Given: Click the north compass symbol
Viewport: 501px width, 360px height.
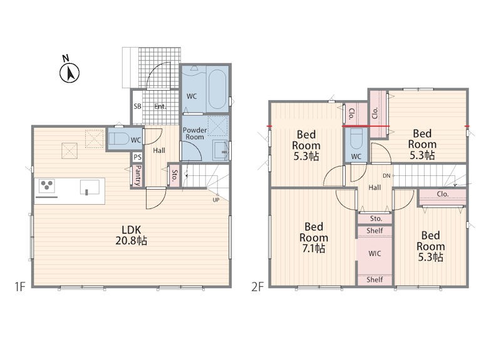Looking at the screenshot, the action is [x=70, y=71].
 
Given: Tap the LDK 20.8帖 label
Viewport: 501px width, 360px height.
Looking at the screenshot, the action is [x=131, y=235].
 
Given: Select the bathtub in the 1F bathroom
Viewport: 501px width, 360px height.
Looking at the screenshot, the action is [x=217, y=89].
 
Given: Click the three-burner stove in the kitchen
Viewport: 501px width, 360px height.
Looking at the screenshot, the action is [x=46, y=185].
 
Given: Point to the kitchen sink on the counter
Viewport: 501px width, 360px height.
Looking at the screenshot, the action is [x=90, y=187].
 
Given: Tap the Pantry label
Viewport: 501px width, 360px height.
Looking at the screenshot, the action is [x=138, y=175].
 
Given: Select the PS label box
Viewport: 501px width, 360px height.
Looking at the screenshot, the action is [x=137, y=157].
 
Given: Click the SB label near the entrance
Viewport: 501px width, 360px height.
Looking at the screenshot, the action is [x=137, y=106].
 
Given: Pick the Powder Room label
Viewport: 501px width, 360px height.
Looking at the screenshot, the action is [x=195, y=133].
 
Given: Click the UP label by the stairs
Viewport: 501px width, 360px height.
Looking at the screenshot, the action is [x=216, y=200].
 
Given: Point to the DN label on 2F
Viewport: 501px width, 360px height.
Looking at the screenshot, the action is [x=386, y=176].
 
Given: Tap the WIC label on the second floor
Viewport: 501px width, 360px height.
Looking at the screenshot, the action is [x=374, y=254].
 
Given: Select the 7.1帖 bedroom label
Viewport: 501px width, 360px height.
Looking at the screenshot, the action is [x=314, y=237].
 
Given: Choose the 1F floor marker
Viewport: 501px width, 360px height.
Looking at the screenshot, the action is [x=19, y=287].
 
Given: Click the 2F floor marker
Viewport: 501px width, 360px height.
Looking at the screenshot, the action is [x=257, y=287].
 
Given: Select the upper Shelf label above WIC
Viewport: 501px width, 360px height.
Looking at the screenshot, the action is [x=374, y=230].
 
